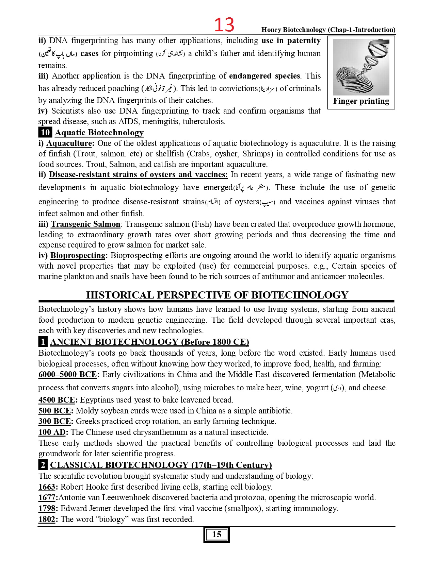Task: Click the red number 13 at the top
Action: pos(224,25)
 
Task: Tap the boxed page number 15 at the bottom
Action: pos(216,534)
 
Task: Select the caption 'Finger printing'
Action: pos(361,101)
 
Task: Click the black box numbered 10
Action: pos(45,132)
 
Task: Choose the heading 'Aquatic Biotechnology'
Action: pos(99,132)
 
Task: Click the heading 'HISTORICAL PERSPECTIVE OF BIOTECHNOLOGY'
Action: pos(217,295)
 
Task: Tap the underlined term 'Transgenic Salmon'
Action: pos(85,224)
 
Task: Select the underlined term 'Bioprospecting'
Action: pos(78,255)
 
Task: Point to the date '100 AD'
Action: pos(52,432)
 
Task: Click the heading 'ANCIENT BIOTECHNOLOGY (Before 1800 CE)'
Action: pos(149,342)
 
